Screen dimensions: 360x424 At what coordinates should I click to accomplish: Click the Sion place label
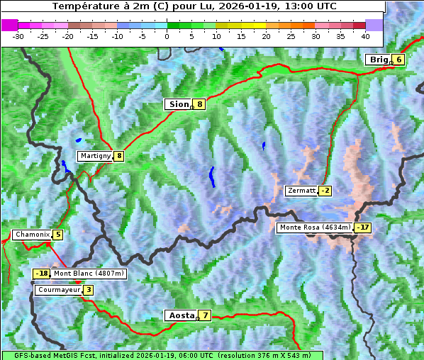pos(178,104)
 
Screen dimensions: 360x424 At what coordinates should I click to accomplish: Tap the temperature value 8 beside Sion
pos(200,104)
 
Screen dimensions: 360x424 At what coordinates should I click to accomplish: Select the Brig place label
pos(379,60)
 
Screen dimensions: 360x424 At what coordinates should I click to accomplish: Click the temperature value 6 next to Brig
pos(398,60)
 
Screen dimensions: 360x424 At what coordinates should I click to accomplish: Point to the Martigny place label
pos(95,156)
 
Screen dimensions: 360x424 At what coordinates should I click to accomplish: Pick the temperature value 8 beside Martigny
pos(118,156)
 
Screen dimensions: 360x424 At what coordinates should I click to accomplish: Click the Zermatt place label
pos(301,191)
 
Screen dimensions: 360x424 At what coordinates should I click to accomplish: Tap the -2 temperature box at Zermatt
pos(325,191)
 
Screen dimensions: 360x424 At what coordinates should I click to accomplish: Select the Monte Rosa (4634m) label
pos(315,227)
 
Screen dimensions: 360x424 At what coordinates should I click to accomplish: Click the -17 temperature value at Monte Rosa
pos(363,227)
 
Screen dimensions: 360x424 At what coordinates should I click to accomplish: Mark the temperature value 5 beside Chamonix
pos(57,235)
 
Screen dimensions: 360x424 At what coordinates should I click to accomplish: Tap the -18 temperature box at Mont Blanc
pos(42,274)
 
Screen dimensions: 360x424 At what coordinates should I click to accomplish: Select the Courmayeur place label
pos(59,290)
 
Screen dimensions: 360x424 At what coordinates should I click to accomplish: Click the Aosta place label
pos(180,315)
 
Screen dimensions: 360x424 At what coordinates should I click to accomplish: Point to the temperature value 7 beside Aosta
pos(205,315)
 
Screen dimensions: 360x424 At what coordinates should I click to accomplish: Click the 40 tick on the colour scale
pos(365,35)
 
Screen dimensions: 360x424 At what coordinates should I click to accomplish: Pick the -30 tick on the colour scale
pos(18,35)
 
